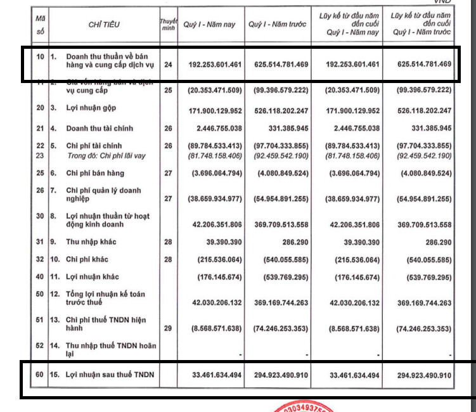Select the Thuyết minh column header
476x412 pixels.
(x=168, y=25)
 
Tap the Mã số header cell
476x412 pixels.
(x=39, y=25)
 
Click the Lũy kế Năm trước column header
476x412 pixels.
(x=421, y=24)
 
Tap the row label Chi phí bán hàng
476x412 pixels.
(x=95, y=173)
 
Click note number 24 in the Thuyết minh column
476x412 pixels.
(x=169, y=65)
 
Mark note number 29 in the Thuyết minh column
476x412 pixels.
(x=169, y=329)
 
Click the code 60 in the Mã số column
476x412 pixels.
(x=39, y=375)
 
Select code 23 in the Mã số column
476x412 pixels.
(x=39, y=155)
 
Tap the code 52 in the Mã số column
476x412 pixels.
(x=39, y=345)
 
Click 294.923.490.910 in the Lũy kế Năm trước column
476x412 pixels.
(x=421, y=375)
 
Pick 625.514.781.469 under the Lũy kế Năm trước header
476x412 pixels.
(x=421, y=65)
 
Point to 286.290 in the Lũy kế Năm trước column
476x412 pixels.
(x=437, y=242)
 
